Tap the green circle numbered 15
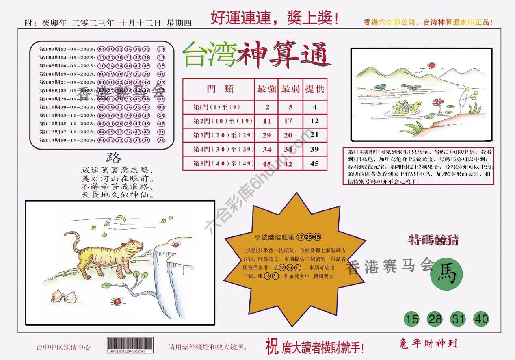[412, 319]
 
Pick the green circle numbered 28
[435, 319]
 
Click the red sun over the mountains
[432, 65]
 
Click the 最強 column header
[266, 89]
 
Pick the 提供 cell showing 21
[314, 135]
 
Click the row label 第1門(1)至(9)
[218, 107]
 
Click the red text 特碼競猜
[433, 241]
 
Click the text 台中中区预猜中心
[63, 347]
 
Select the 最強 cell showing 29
[266, 135]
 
